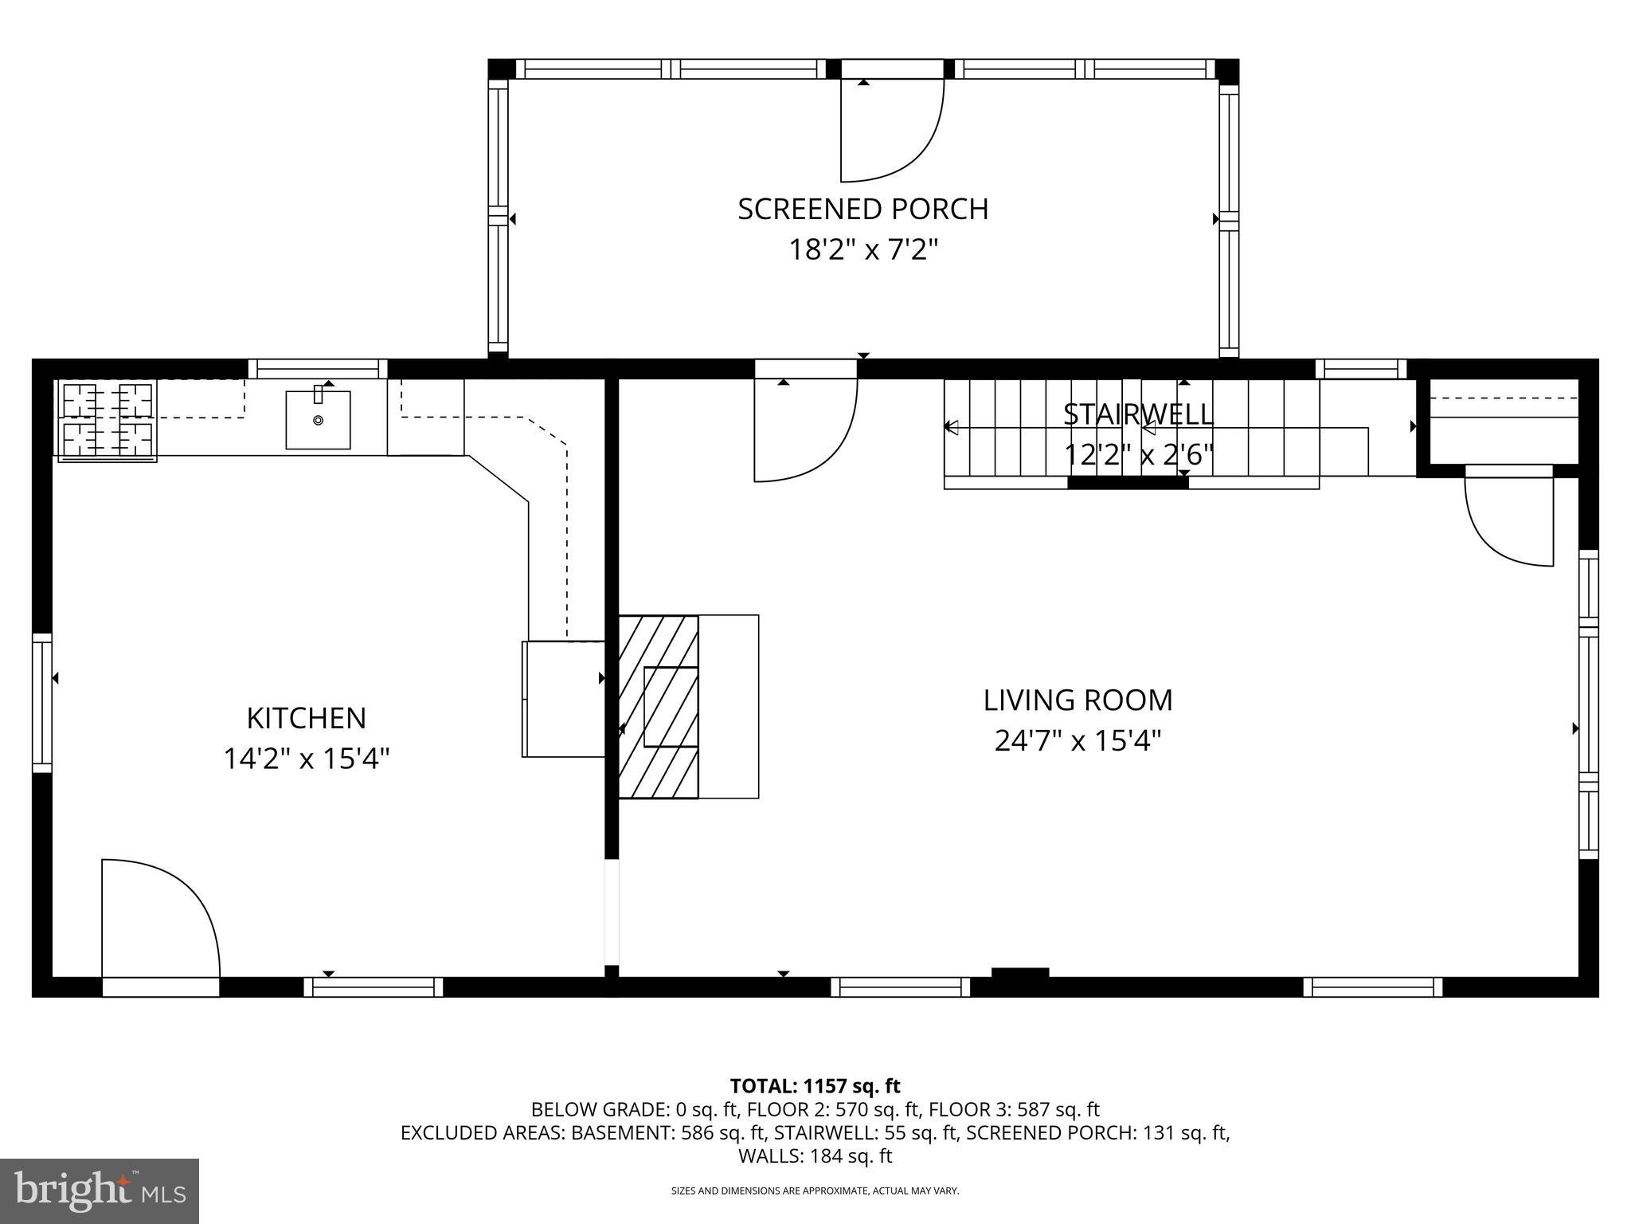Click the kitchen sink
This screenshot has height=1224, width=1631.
(318, 419)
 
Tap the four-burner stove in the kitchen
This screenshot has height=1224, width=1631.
(107, 421)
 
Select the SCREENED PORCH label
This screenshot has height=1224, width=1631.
(862, 209)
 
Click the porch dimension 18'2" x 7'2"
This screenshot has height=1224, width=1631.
(862, 250)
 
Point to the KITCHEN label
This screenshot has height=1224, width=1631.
(306, 718)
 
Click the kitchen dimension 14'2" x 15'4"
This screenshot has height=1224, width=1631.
(306, 759)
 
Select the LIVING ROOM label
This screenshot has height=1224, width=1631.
(1078, 700)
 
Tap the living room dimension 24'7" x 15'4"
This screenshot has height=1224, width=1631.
(1078, 741)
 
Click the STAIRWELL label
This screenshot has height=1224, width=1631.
(1138, 414)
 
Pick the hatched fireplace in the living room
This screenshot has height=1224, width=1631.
(659, 706)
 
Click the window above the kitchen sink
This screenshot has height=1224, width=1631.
(317, 369)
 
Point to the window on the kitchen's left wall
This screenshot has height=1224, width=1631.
(41, 703)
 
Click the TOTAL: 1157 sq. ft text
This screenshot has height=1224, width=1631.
(815, 1086)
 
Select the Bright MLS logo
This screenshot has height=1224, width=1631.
(100, 1191)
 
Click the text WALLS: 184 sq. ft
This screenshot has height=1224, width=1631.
(815, 1156)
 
